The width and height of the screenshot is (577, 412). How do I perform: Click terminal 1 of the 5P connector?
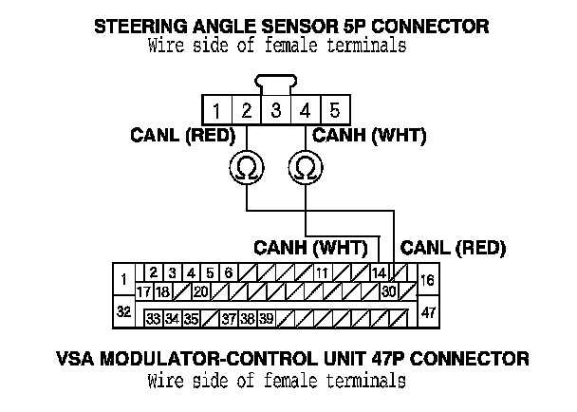(216, 109)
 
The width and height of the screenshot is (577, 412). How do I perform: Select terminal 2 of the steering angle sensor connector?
(246, 109)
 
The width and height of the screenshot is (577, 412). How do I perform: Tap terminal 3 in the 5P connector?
(275, 109)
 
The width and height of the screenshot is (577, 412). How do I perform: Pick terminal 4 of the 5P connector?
(305, 109)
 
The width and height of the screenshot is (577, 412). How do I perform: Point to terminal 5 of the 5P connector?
(334, 109)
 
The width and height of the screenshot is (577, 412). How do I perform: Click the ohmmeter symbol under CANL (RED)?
(247, 168)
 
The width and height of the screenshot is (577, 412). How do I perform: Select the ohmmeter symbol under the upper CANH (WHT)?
(306, 168)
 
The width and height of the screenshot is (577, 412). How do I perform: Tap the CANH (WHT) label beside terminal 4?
(369, 137)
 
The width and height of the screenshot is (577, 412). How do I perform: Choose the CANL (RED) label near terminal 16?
(453, 248)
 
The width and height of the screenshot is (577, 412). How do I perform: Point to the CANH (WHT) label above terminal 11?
(310, 248)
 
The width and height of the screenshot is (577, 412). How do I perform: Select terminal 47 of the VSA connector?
(427, 311)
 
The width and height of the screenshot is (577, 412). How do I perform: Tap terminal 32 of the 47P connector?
(123, 311)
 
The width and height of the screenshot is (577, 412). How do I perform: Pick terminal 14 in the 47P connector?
(379, 273)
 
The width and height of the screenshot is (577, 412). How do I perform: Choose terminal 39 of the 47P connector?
(267, 318)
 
